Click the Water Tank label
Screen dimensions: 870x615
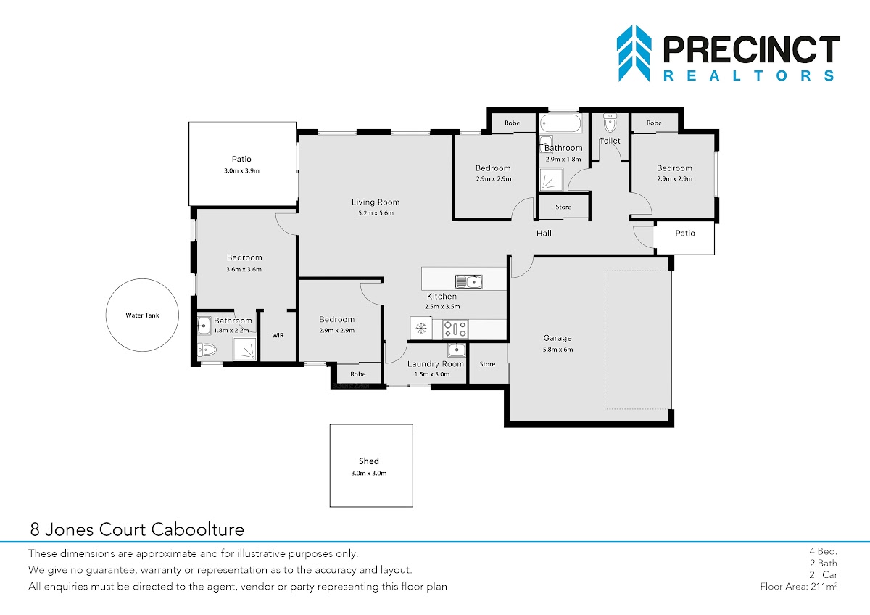coord(142,315)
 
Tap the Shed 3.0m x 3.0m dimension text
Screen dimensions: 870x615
coord(369,473)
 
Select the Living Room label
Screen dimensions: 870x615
coord(376,202)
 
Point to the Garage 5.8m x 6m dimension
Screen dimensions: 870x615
coord(558,350)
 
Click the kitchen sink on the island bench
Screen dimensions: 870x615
coord(469,281)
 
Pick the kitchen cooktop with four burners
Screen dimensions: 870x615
coord(455,329)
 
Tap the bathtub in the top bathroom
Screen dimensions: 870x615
coord(561,123)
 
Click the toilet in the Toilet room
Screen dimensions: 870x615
coord(610,123)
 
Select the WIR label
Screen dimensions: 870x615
coord(278,335)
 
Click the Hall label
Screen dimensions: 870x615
coord(544,233)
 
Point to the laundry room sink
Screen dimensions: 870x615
coord(456,350)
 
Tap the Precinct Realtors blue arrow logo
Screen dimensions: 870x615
coord(634,53)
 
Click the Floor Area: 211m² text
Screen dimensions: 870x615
coord(798,586)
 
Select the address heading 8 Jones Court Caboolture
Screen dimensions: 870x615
coord(137,529)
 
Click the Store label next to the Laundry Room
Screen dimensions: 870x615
coord(487,364)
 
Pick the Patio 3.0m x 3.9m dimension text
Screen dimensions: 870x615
coord(241,170)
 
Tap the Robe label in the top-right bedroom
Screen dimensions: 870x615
coord(654,123)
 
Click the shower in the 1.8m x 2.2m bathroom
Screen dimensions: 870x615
coord(244,349)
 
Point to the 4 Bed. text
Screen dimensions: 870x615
coord(824,551)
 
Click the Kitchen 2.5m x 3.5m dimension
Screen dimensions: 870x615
coord(442,307)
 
